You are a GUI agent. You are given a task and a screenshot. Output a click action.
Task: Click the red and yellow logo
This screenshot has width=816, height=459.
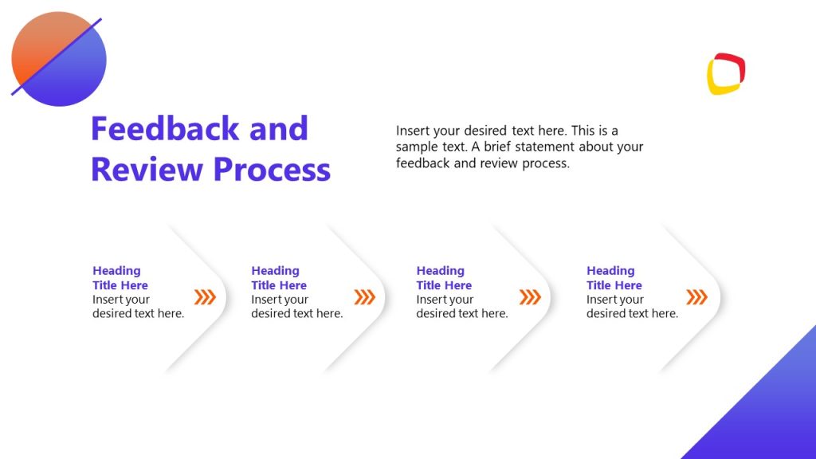click(726, 74)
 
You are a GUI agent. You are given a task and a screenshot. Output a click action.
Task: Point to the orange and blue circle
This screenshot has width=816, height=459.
click(59, 59)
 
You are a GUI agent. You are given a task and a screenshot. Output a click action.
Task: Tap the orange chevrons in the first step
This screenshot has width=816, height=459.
click(206, 297)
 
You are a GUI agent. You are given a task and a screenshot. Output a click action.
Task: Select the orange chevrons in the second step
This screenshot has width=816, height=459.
click(364, 297)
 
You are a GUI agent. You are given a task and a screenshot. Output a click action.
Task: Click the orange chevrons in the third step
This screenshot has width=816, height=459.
click(530, 297)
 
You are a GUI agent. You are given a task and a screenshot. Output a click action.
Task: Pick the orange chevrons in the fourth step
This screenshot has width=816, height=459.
click(696, 297)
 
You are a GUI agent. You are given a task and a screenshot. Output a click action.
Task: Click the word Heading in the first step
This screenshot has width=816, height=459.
click(116, 271)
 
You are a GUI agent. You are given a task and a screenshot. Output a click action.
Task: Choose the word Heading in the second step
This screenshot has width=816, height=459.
click(275, 271)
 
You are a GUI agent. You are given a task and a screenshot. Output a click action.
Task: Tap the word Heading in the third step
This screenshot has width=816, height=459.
click(440, 271)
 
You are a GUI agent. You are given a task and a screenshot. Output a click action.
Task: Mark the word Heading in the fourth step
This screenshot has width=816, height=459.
click(610, 271)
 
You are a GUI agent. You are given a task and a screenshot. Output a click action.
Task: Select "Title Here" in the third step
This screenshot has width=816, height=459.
click(444, 285)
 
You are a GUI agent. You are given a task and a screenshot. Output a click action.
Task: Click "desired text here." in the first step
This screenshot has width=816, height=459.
click(138, 313)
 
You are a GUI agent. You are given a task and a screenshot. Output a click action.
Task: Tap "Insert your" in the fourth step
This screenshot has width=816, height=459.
click(615, 300)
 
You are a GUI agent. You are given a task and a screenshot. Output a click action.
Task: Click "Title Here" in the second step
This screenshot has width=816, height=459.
click(279, 285)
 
